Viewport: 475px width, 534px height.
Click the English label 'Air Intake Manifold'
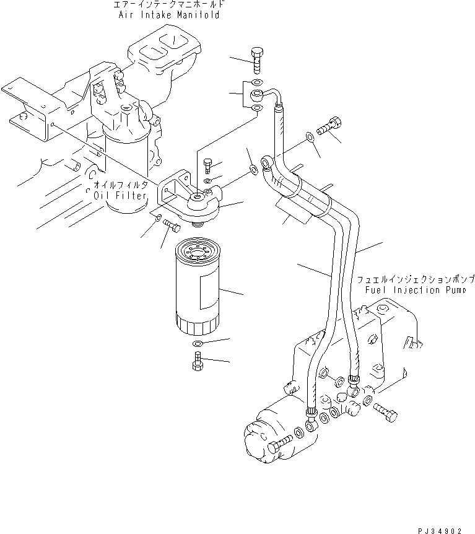pyautogui.click(x=169, y=15)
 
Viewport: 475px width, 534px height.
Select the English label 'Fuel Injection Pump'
pyautogui.click(x=415, y=290)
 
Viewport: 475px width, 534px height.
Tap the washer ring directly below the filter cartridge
pyautogui.click(x=197, y=344)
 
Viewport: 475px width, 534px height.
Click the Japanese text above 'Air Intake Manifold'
pyautogui.click(x=169, y=5)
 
